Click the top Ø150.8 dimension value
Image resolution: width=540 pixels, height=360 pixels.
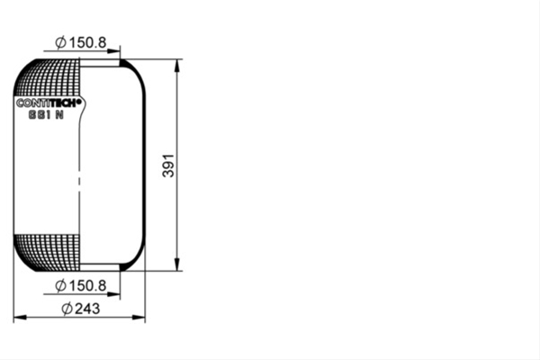(81, 42)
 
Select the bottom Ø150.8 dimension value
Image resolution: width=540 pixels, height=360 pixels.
(81, 286)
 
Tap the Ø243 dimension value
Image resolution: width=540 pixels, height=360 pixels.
(81, 309)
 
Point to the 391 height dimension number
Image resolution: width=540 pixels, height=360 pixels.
(168, 166)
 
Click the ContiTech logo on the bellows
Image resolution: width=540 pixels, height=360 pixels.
(49, 103)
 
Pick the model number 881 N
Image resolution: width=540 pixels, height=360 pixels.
(46, 114)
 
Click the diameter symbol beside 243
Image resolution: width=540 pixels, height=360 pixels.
(67, 309)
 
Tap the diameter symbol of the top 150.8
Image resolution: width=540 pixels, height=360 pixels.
(60, 42)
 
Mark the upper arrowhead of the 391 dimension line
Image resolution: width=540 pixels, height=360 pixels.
(177, 66)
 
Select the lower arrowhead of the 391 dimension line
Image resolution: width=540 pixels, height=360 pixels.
(177, 265)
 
